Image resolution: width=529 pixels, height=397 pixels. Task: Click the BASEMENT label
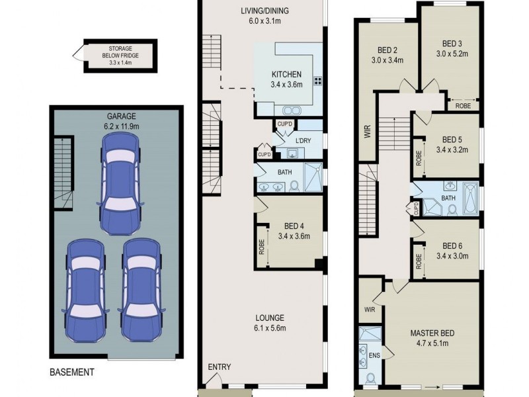(x=72, y=373)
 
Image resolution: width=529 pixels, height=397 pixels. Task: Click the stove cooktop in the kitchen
(x=318, y=81)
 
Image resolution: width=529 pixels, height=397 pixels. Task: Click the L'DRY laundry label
(x=303, y=140)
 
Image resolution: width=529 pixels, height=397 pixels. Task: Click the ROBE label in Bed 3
(x=462, y=105)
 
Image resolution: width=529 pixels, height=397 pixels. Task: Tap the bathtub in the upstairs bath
(x=469, y=198)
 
